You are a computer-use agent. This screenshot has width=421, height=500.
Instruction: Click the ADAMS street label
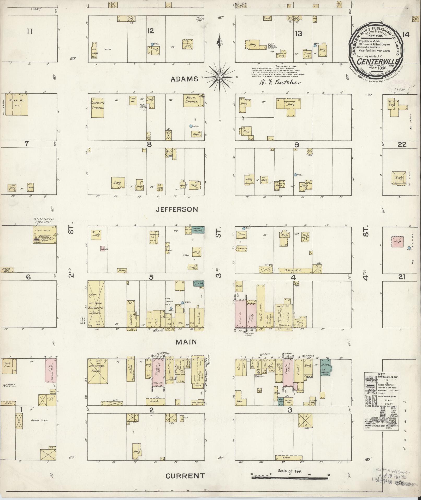(x=185, y=79)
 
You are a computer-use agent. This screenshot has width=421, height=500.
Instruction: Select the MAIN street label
(x=186, y=342)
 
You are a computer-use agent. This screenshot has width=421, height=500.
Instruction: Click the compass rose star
(x=220, y=77)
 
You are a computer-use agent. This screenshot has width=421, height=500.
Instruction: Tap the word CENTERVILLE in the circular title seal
(x=376, y=62)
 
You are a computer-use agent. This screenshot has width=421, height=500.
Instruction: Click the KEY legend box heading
(x=381, y=374)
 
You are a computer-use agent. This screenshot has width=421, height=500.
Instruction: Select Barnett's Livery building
(x=96, y=304)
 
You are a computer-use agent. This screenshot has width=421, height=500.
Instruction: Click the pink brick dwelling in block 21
(x=397, y=242)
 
